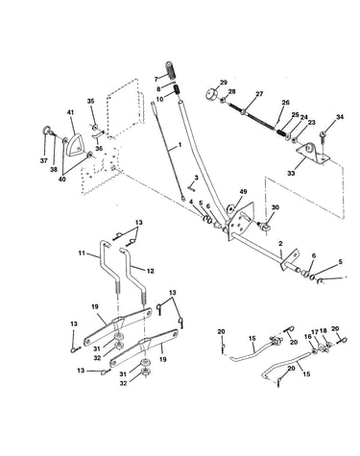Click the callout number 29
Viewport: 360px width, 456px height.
tap(223, 83)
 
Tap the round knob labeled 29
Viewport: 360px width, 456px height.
tap(211, 95)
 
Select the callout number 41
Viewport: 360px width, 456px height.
tap(70, 112)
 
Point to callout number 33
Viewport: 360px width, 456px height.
tap(291, 173)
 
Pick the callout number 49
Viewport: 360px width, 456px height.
tap(243, 191)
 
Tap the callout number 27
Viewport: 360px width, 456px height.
tap(258, 94)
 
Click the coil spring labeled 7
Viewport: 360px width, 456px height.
tap(171, 70)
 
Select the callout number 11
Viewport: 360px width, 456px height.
tap(82, 252)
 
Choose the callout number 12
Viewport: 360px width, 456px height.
tap(150, 271)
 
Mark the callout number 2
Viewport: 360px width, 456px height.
tap(280, 244)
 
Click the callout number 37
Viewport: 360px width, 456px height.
tap(44, 160)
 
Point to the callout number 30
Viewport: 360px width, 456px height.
tap(275, 207)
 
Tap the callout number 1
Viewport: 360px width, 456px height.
tap(180, 145)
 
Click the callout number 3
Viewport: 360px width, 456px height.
tap(196, 177)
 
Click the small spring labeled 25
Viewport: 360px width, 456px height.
tap(280, 132)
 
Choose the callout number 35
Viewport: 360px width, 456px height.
tap(90, 102)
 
